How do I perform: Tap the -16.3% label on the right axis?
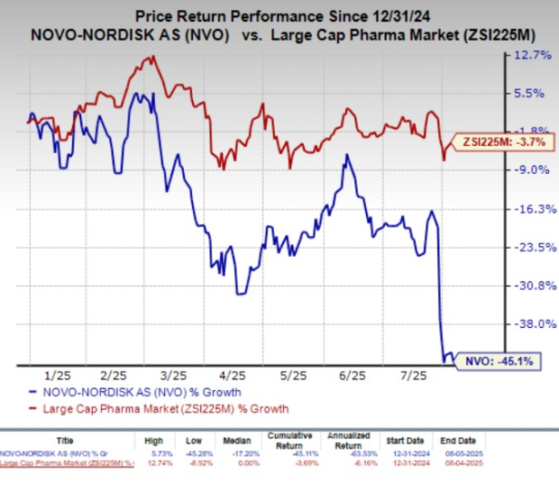coord(532,208)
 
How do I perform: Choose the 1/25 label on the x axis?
coord(56,375)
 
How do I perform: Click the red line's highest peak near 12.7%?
coord(151,57)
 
